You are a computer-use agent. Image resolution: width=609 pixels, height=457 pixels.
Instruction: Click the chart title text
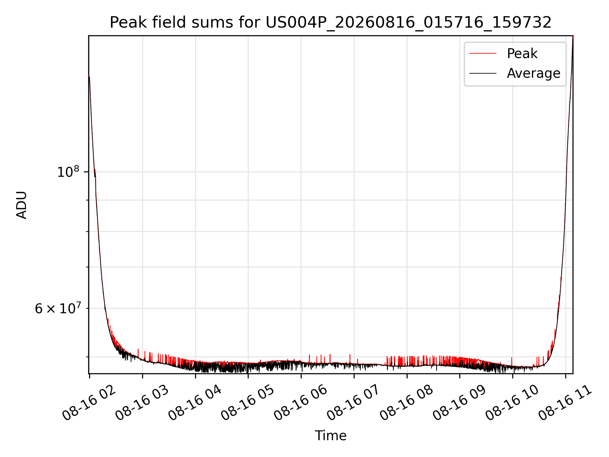tap(331, 23)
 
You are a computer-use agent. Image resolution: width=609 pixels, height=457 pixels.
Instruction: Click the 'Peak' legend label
tap(522, 53)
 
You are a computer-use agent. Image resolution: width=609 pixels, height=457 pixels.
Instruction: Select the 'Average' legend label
tap(534, 73)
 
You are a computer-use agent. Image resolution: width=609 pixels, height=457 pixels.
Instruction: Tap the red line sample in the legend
tap(483, 53)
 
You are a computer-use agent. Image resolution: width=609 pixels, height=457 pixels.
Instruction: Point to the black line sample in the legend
tap(483, 73)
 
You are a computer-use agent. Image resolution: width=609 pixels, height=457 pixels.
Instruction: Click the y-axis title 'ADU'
tap(22, 205)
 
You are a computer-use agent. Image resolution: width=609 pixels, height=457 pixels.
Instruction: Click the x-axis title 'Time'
tap(331, 435)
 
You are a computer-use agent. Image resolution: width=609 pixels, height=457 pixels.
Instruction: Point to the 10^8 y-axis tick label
tap(68, 172)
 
